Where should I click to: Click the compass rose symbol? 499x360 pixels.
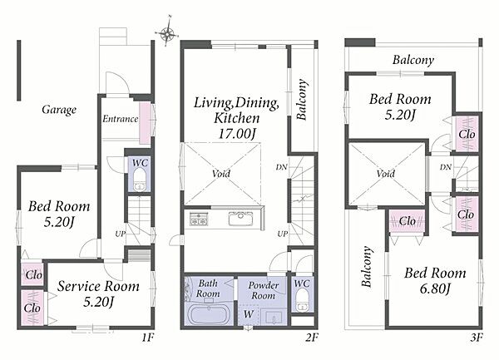tap(167, 32)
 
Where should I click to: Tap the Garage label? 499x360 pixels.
tap(59, 110)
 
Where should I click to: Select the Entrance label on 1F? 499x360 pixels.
tap(121, 119)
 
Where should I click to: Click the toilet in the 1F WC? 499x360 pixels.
tap(140, 180)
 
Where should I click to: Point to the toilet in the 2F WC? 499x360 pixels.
tap(302, 299)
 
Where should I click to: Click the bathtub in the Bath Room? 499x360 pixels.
tap(209, 314)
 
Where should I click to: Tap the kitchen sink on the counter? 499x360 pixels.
tap(241, 219)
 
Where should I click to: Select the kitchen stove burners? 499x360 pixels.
tap(199, 219)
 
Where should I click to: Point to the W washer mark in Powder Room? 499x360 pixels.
tap(248, 314)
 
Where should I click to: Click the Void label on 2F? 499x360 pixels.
tap(221, 174)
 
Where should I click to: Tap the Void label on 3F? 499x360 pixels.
tap(386, 174)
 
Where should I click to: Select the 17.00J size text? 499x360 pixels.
tap(237, 134)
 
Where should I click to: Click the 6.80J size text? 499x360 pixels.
tap(435, 288)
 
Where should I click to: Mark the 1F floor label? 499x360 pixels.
tap(148, 338)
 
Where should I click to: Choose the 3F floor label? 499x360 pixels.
tap(477, 338)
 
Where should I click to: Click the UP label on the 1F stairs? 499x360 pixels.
tap(121, 234)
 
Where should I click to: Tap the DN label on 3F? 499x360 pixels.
tap(446, 166)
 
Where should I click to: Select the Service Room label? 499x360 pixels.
tap(98, 286)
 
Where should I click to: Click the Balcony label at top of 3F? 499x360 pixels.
tap(413, 60)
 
